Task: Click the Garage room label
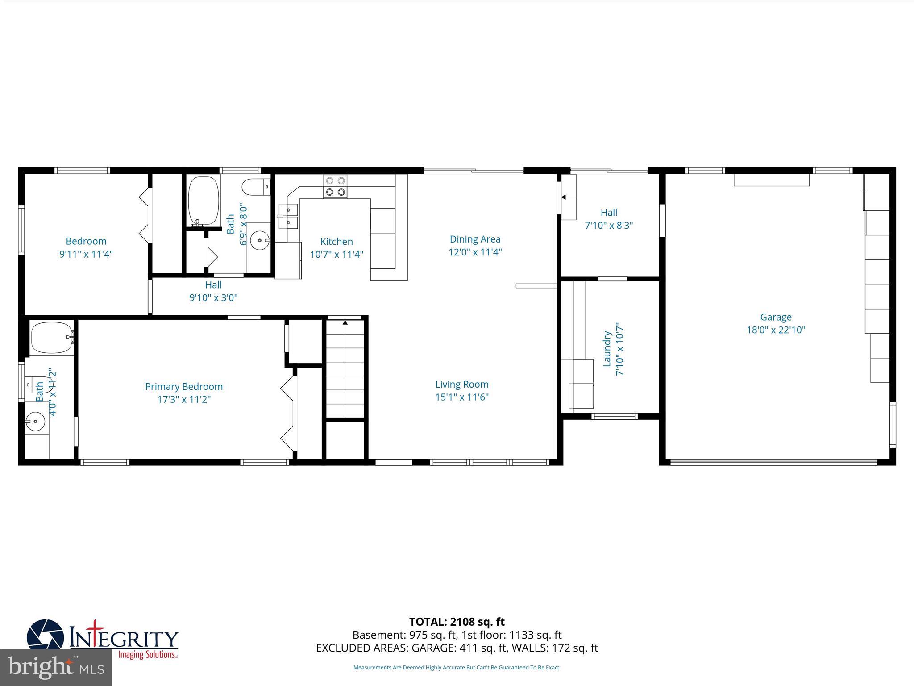[776, 317]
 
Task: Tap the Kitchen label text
[337, 242]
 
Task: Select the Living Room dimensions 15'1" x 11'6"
[462, 397]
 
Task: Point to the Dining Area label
[475, 239]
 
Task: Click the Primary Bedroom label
[184, 387]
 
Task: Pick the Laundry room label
[607, 349]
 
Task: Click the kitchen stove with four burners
[336, 186]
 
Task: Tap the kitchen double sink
[288, 216]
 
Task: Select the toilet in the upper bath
[256, 187]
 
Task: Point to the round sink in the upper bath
[260, 241]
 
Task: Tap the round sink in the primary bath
[35, 421]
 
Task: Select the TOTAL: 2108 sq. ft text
[457, 622]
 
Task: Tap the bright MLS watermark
[56, 667]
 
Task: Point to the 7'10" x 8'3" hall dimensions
[609, 226]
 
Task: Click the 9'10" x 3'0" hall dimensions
[213, 297]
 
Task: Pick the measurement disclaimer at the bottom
[457, 667]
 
